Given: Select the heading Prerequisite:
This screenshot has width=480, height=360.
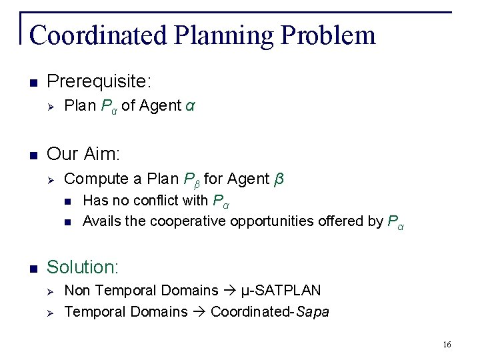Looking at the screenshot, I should [x=99, y=83].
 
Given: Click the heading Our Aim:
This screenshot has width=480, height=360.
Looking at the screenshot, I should [x=83, y=155].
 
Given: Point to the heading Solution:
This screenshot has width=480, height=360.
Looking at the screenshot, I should [x=83, y=267].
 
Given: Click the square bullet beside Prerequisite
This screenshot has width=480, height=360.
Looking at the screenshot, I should [x=33, y=83].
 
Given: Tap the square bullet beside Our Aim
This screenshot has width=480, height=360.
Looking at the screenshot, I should [x=33, y=155].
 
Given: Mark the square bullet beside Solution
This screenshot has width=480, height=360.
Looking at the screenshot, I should [x=33, y=268].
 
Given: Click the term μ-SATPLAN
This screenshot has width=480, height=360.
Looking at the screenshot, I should [x=281, y=291].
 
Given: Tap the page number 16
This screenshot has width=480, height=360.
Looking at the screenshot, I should [x=446, y=344].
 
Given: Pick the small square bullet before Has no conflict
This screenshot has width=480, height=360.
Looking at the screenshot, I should [x=67, y=201].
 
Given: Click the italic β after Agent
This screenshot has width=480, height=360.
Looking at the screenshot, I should [x=279, y=179].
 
